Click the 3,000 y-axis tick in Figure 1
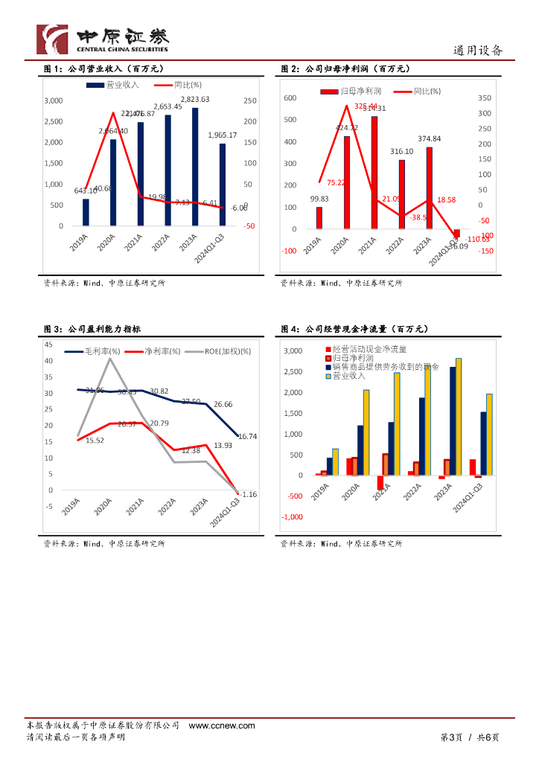click(x=54, y=100)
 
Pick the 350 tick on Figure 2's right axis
click(x=485, y=98)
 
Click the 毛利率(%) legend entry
click(x=92, y=350)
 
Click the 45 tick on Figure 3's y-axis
click(x=48, y=345)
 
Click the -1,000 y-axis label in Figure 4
click(x=292, y=516)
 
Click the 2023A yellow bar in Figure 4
click(x=459, y=416)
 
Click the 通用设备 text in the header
click(x=478, y=51)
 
